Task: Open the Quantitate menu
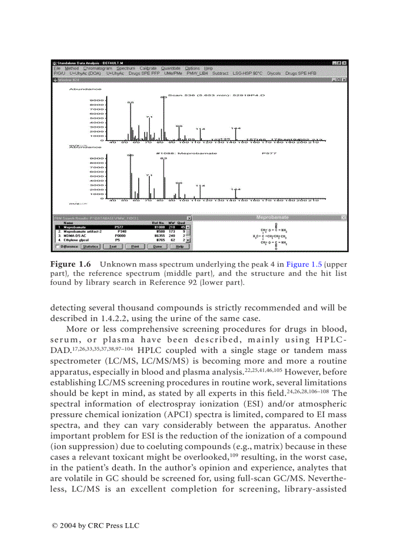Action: tap(170, 69)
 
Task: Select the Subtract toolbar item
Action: tap(220, 73)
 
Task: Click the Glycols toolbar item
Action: tap(274, 73)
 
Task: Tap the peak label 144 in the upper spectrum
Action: tap(235, 128)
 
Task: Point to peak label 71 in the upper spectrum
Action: tap(149, 117)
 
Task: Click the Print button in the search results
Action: tap(135, 247)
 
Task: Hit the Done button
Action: tap(157, 247)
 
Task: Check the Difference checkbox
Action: tap(58, 247)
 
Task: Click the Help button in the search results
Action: tap(180, 247)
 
